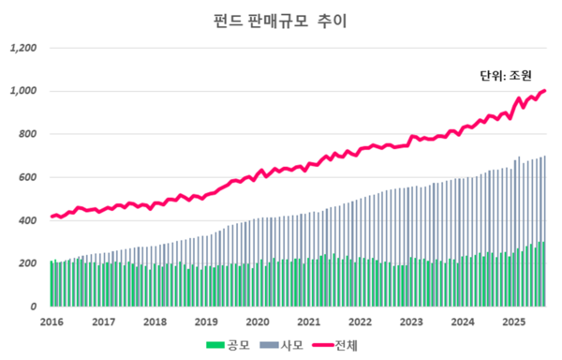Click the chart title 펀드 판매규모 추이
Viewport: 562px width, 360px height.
280,20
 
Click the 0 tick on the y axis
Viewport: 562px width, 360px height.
35,307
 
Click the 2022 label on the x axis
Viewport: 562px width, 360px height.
359,322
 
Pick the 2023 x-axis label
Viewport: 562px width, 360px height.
409,322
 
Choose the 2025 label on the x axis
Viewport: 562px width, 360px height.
511,322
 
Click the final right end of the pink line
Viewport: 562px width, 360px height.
546,91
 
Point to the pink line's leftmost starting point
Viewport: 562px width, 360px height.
52,217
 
